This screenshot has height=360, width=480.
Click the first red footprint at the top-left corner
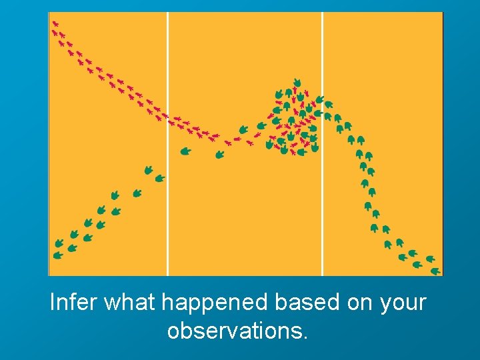(x=55, y=23)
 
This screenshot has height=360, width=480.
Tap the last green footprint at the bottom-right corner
(x=435, y=271)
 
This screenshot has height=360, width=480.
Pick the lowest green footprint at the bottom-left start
(x=58, y=255)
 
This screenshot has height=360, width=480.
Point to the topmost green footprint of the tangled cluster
(x=297, y=83)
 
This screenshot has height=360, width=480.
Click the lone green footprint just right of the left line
(x=185, y=151)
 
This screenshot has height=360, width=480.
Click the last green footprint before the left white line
(x=159, y=178)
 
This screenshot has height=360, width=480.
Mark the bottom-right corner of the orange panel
(x=442, y=275)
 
